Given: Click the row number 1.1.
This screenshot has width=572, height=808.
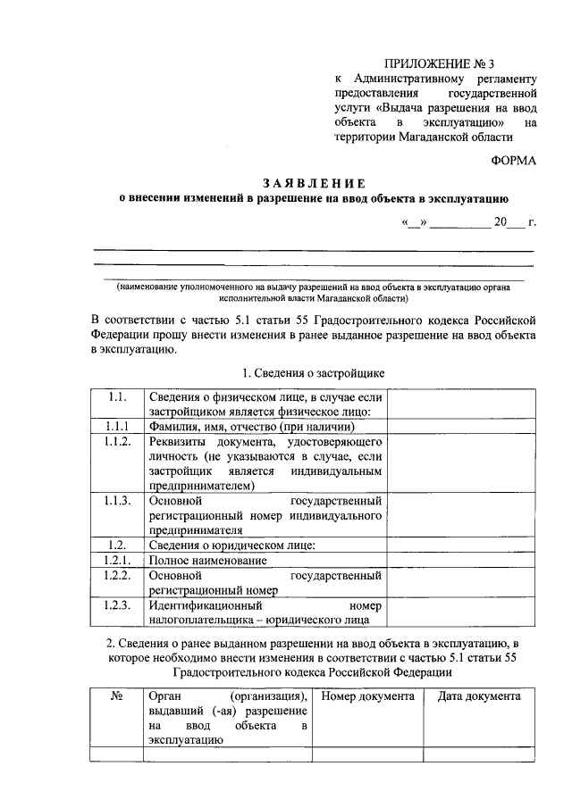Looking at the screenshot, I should pyautogui.click(x=114, y=396).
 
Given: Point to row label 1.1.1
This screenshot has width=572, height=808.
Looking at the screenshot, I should pyautogui.click(x=116, y=426).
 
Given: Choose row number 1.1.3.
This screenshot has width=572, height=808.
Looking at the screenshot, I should pyautogui.click(x=116, y=501).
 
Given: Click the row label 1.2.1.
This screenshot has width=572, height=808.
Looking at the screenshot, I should pyautogui.click(x=116, y=560).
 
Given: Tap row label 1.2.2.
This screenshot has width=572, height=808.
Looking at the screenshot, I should pyautogui.click(x=116, y=575).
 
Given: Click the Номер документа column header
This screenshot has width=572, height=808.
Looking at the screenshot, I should pyautogui.click(x=367, y=696).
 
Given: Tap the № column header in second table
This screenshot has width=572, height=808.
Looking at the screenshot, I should pyautogui.click(x=115, y=696).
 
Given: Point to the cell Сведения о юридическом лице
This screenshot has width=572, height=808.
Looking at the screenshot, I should pyautogui.click(x=232, y=545).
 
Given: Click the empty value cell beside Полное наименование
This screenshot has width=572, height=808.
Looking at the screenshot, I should pyautogui.click(x=459, y=560).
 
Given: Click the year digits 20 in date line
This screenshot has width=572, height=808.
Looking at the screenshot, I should pyautogui.click(x=500, y=222).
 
